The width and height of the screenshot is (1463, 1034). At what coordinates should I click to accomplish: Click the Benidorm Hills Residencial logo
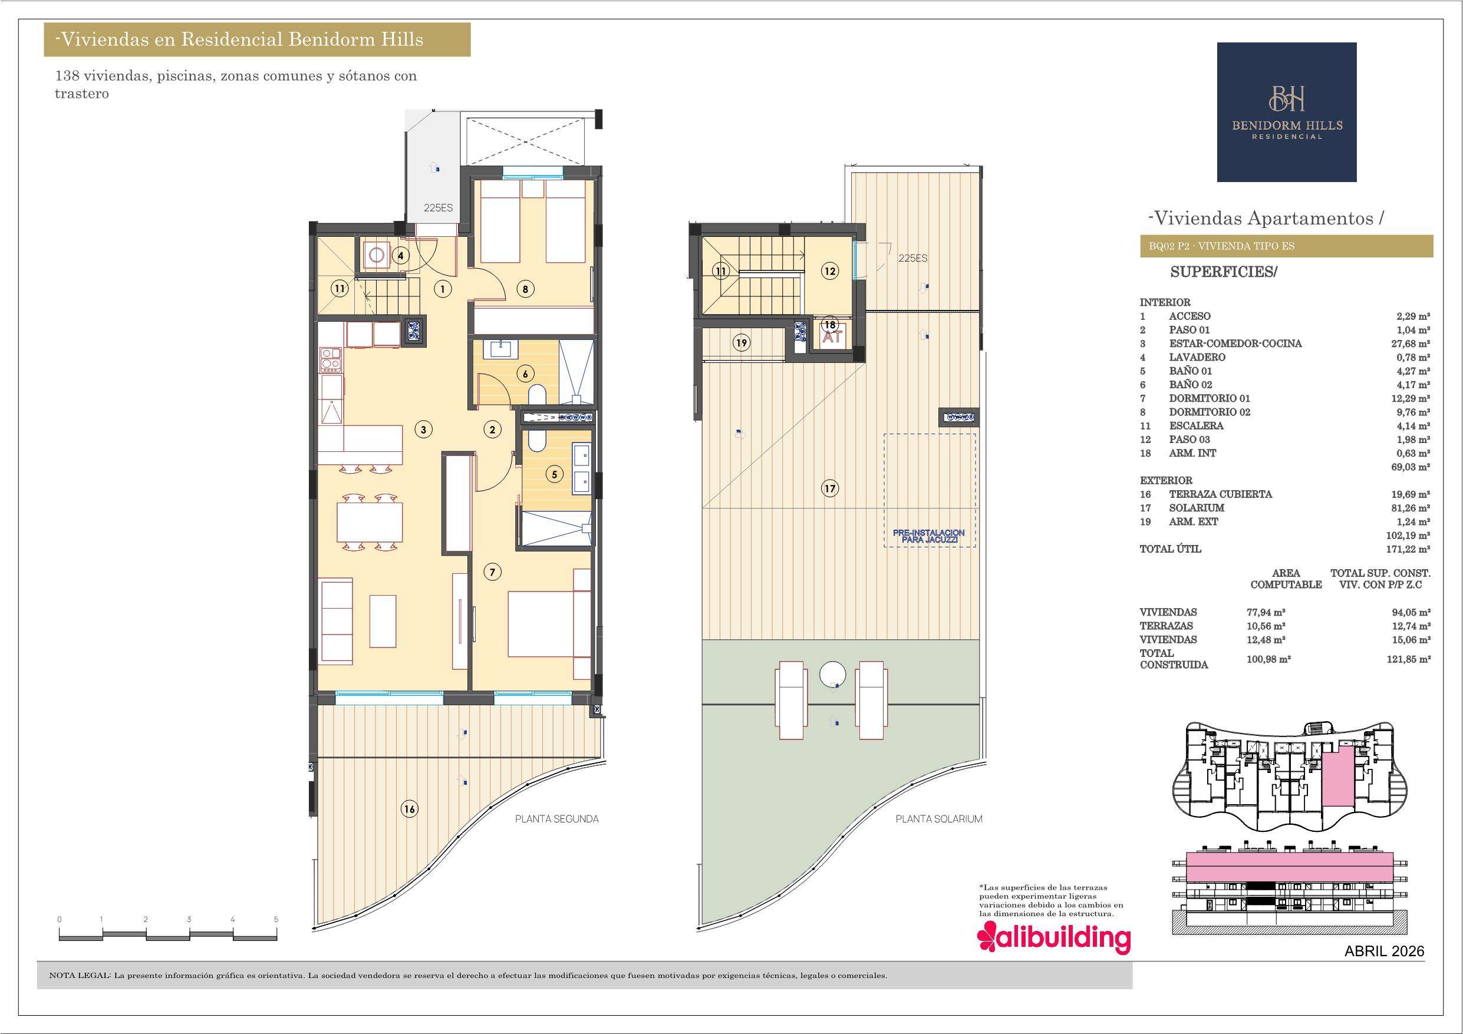click(x=1287, y=112)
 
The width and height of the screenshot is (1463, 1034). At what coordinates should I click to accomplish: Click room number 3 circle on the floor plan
click(x=423, y=430)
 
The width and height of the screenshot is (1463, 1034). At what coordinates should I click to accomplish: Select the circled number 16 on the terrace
click(x=409, y=809)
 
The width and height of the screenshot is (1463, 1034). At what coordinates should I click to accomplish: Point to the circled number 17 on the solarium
click(x=829, y=488)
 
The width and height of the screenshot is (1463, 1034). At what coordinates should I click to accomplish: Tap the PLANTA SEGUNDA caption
click(x=557, y=819)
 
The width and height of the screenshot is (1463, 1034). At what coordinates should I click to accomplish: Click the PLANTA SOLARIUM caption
click(x=938, y=819)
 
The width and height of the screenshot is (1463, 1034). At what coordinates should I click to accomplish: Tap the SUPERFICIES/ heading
click(x=1224, y=272)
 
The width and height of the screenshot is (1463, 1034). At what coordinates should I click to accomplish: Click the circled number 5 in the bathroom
click(x=554, y=474)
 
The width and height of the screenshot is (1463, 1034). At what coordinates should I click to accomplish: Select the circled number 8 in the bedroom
click(x=525, y=289)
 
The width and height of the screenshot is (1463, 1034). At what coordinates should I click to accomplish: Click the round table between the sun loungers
click(x=832, y=673)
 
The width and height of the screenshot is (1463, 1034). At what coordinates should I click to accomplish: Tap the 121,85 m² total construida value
click(x=1408, y=659)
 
